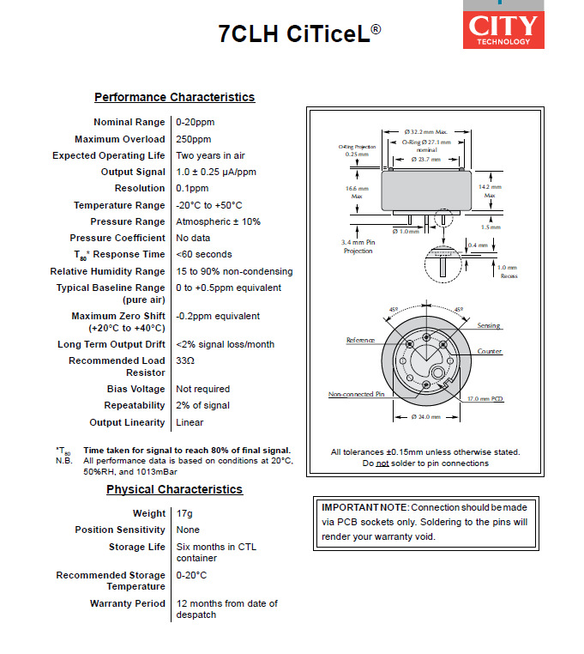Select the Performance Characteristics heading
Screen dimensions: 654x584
coord(174,98)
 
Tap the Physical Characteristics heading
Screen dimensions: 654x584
coord(174,490)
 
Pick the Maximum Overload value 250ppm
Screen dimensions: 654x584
coord(194,139)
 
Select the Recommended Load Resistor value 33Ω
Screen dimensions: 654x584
coord(185,361)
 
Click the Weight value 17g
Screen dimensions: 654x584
coord(184,513)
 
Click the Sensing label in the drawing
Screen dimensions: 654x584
coord(490,326)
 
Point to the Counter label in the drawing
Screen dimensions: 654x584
coord(490,352)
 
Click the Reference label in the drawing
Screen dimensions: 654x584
coord(360,341)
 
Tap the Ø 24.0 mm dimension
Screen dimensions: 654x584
coord(425,417)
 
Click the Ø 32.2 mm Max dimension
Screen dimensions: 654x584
coord(426,130)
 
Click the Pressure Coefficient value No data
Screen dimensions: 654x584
coord(193,238)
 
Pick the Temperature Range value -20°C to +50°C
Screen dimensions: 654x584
coord(209,205)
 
